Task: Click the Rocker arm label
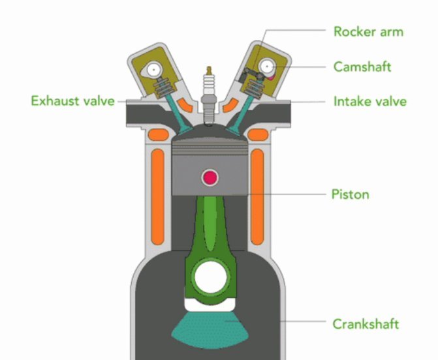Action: [x=369, y=31]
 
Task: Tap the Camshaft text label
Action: [x=362, y=67]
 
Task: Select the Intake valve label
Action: [x=370, y=101]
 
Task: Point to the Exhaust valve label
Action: [x=73, y=100]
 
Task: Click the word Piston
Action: [x=351, y=194]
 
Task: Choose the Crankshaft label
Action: [x=366, y=324]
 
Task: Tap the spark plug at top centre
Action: [x=210, y=97]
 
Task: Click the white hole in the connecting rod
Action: [x=211, y=278]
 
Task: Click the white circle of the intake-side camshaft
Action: [x=268, y=67]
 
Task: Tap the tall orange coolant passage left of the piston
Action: [x=158, y=197]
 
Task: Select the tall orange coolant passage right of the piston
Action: [x=257, y=197]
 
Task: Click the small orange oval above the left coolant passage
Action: [x=159, y=135]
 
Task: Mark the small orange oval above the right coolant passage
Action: [x=258, y=135]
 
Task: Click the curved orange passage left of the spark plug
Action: [x=185, y=105]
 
